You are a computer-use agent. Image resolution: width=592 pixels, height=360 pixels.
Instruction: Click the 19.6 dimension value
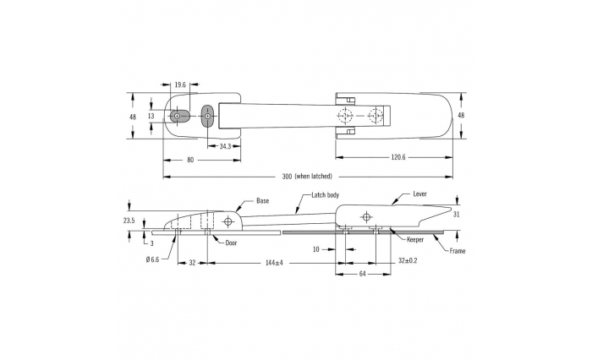(x=180, y=85)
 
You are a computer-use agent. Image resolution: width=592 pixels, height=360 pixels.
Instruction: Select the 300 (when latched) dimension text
(x=307, y=177)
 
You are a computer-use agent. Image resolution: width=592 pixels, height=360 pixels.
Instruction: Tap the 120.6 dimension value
(x=398, y=157)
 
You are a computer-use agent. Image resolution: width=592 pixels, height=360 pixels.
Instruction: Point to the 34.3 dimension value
(x=225, y=146)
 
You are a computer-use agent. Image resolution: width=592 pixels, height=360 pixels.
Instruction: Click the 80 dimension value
(x=190, y=160)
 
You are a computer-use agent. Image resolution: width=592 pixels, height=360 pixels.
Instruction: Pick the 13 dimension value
(x=151, y=117)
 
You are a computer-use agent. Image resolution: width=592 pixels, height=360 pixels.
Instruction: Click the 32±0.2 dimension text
(x=408, y=261)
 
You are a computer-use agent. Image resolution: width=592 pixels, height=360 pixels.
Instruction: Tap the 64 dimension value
(x=362, y=274)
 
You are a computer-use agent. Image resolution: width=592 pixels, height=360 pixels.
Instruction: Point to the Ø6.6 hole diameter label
(x=152, y=259)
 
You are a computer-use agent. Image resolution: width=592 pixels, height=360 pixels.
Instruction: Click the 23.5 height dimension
(x=129, y=221)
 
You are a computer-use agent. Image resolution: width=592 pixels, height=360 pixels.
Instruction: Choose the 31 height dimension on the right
(x=457, y=215)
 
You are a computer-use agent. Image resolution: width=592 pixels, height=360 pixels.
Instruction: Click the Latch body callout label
(x=325, y=195)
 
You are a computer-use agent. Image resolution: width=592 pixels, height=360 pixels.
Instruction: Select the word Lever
(x=419, y=194)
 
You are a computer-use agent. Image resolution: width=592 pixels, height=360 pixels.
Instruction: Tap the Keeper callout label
(x=415, y=240)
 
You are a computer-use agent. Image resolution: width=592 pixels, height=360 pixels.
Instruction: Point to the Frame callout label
(x=458, y=251)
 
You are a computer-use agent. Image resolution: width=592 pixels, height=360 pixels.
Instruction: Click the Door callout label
(x=231, y=243)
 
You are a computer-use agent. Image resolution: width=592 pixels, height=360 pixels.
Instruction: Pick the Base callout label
(x=263, y=201)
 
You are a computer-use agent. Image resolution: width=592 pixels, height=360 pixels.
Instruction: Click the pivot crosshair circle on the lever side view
(x=365, y=217)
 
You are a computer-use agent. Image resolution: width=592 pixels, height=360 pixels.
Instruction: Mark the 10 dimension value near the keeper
(x=316, y=249)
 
